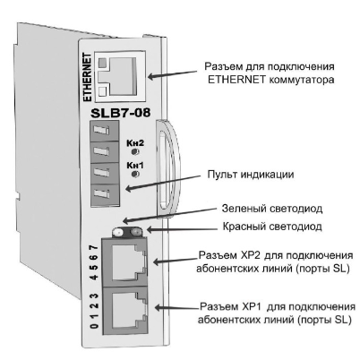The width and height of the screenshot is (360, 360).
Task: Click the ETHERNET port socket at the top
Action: (x=120, y=75)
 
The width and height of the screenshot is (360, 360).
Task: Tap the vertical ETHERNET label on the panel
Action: (x=88, y=77)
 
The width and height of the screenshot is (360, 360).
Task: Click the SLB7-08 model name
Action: (x=120, y=113)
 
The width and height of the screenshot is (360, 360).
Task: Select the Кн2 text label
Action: (x=135, y=143)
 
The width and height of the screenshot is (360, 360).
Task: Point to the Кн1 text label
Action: (x=135, y=165)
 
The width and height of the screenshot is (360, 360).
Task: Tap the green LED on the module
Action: (x=118, y=232)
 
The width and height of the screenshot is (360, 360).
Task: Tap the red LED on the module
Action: (x=135, y=231)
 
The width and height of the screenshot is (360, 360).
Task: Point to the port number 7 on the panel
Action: (x=94, y=247)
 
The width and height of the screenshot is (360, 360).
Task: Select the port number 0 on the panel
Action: (x=94, y=326)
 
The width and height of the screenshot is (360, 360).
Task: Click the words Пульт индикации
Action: (x=251, y=175)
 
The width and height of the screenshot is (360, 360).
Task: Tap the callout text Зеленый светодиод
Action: (x=272, y=209)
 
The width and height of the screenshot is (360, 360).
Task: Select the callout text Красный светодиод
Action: (x=272, y=227)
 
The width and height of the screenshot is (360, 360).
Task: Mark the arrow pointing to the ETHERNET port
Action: (x=173, y=74)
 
